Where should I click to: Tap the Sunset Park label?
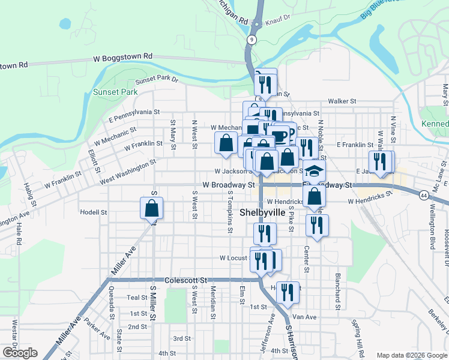[115, 92]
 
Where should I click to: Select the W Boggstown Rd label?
[123, 56]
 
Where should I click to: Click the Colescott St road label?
[187, 280]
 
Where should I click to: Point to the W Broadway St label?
[229, 185]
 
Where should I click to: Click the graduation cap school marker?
[314, 171]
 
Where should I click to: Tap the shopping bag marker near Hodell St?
[152, 208]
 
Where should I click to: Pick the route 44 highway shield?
[424, 196]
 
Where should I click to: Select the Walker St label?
[342, 102]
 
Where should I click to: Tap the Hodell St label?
[93, 212]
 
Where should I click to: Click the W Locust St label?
[234, 258]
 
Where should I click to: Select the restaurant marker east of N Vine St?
[382, 161]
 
